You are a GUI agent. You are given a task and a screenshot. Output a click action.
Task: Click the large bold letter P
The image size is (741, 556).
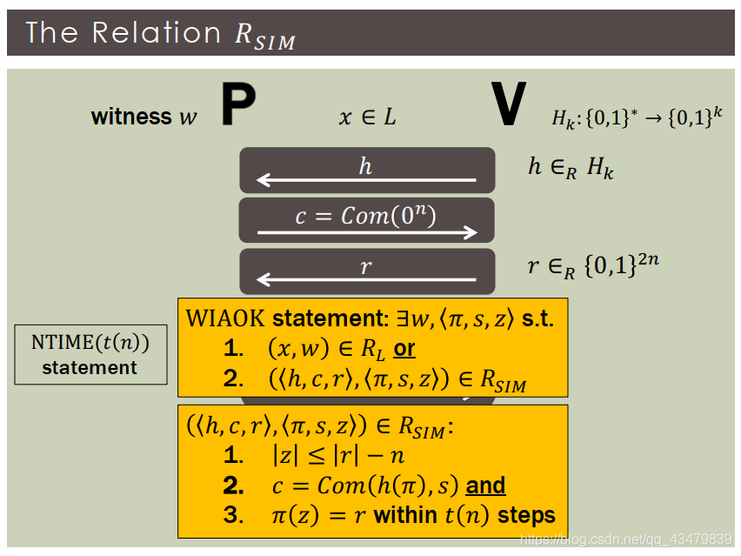click(238, 106)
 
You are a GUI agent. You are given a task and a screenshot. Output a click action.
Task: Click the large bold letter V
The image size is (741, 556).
click(509, 106)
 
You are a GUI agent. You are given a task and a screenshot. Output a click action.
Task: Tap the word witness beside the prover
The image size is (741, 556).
click(131, 117)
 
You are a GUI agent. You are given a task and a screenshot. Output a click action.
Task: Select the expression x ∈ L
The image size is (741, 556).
click(367, 117)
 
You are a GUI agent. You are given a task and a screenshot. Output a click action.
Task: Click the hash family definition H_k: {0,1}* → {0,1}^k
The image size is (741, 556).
click(637, 117)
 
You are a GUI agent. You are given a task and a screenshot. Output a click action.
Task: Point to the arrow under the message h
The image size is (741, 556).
click(366, 181)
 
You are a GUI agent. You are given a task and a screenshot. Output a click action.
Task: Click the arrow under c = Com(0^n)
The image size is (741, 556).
click(367, 231)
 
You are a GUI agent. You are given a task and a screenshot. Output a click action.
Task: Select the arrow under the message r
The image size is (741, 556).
click(366, 280)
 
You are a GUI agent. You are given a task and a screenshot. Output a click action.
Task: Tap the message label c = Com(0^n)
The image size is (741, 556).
click(366, 215)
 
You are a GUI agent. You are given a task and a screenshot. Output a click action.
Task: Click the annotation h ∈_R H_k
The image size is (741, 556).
click(571, 167)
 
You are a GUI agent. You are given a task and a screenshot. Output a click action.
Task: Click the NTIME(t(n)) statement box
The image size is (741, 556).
click(90, 354)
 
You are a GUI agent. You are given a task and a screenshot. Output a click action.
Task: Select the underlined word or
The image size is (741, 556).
click(404, 349)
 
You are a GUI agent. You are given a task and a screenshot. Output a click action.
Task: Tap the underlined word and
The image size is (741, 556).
click(485, 485)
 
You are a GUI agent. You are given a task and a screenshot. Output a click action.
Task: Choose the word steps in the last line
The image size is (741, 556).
click(526, 515)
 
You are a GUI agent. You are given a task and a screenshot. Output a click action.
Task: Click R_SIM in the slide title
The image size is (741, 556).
click(265, 34)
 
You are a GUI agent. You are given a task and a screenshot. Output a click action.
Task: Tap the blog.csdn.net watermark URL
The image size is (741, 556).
click(626, 539)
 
